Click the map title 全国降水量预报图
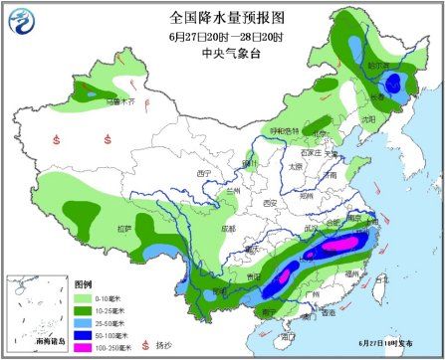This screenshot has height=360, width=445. pos(221,17)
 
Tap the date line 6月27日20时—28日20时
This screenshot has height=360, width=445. pos(221,37)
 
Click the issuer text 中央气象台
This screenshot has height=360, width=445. pos(221,55)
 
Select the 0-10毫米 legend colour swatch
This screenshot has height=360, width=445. pos(84,296)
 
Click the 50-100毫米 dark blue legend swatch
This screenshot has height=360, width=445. pos(84,334)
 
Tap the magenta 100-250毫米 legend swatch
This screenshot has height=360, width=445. pos(84,346)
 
